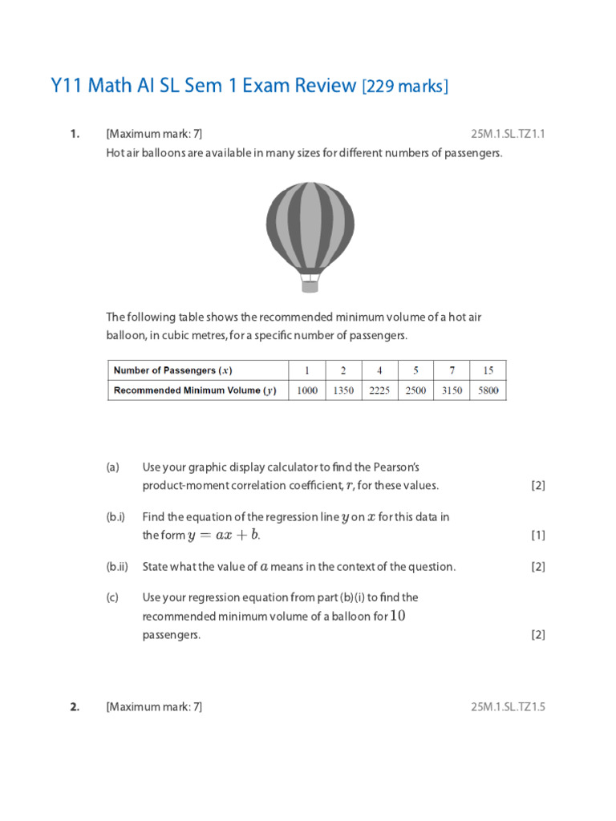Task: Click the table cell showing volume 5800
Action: [x=488, y=390]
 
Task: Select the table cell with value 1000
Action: [x=307, y=390]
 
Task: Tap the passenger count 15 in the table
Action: [x=488, y=370]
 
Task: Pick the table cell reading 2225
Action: [x=379, y=390]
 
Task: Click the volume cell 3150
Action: [x=452, y=390]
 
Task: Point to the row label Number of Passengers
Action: [x=172, y=370]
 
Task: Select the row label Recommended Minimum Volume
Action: [x=194, y=390]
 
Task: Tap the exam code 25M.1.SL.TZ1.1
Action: [x=508, y=134]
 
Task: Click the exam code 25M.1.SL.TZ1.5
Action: [x=508, y=706]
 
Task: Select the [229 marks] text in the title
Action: [x=405, y=87]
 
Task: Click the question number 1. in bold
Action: [x=75, y=134]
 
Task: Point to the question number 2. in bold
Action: [x=75, y=706]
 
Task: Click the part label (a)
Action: [x=112, y=467]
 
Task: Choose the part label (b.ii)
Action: [x=117, y=567]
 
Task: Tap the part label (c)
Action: [x=112, y=597]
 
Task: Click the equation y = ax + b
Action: [x=224, y=535]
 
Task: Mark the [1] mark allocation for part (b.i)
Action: [x=538, y=535]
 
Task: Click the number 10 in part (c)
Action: [x=398, y=616]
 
